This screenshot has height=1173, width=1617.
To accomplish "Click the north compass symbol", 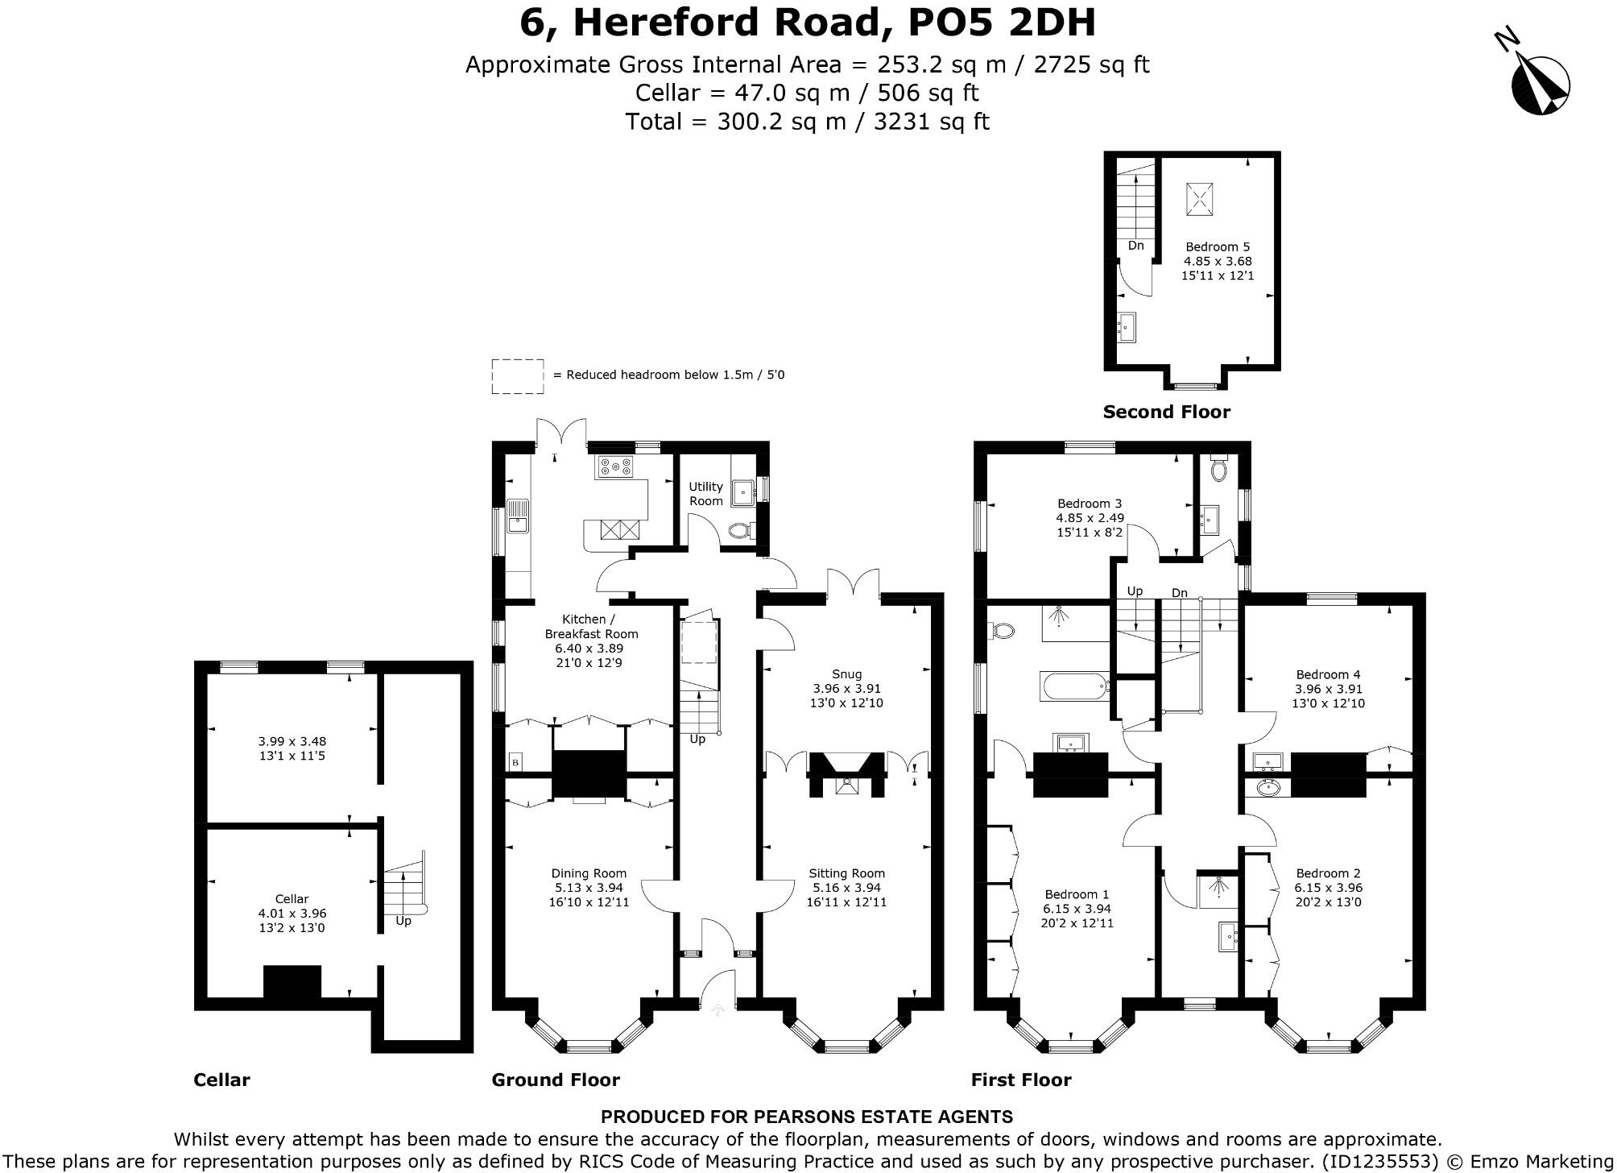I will click(x=1539, y=85).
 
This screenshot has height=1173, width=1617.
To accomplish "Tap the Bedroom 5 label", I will click(x=1217, y=247).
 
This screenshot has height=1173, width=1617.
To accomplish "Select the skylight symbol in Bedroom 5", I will click(x=1197, y=200).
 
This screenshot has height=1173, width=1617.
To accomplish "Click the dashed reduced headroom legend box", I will click(x=517, y=376).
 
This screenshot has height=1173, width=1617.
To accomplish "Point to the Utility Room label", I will click(x=705, y=494).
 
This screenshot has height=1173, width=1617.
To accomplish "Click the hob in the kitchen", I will click(x=614, y=466).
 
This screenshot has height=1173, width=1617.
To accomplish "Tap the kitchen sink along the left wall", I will click(x=516, y=516).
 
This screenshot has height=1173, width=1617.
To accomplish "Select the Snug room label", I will click(x=846, y=674).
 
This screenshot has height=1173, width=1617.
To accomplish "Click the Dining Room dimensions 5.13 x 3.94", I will click(x=589, y=888).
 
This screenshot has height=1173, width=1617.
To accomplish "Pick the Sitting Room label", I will click(x=846, y=873).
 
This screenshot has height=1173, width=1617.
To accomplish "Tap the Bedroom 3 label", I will click(x=1090, y=504).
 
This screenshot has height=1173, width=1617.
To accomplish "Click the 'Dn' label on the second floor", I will click(x=1135, y=246).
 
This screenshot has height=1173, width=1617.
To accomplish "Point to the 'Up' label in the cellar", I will click(x=403, y=921).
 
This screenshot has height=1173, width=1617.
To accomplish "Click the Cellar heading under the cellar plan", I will click(x=221, y=1080).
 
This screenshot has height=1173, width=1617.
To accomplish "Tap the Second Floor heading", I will click(x=1166, y=412).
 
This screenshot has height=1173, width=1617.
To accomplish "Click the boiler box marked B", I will click(x=515, y=762).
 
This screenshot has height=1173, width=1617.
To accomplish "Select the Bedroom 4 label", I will click(x=1328, y=674).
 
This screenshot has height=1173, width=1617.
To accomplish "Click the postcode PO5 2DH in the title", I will click(x=1002, y=23).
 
